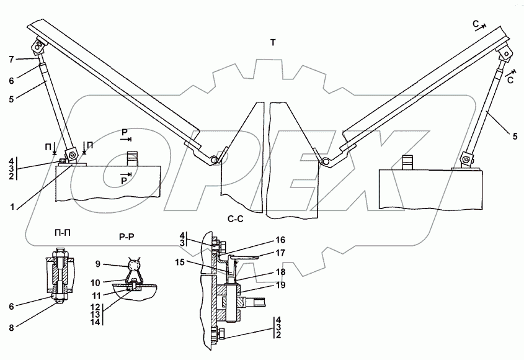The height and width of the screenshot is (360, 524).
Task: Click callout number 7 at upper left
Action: [11, 60]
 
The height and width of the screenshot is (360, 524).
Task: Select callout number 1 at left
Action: [12, 207]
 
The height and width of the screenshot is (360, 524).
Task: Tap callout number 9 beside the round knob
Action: [98, 264]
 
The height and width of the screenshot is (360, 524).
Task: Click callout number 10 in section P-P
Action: [95, 282]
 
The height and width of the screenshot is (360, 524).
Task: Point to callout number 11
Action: [97, 295]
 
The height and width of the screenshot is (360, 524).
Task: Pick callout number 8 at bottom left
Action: [11, 328]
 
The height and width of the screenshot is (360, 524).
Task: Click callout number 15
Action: [180, 263]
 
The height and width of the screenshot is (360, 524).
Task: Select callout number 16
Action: [280, 240]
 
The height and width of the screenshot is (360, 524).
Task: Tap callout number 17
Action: [281, 253]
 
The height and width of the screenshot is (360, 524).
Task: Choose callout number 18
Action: [281, 272]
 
